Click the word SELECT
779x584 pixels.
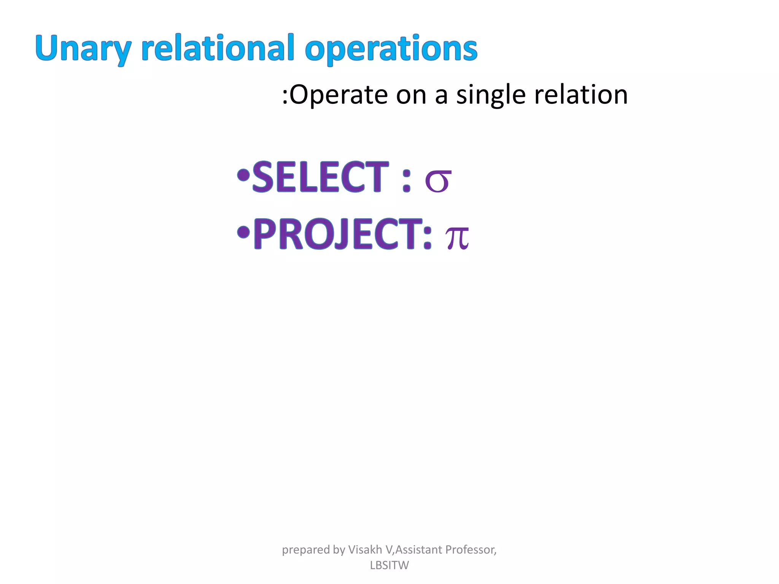coord(321,177)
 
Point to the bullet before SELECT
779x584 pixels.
coord(243,175)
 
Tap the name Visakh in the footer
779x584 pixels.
coord(365,549)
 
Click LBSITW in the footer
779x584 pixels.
coord(389,565)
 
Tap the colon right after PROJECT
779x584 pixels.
coord(428,237)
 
